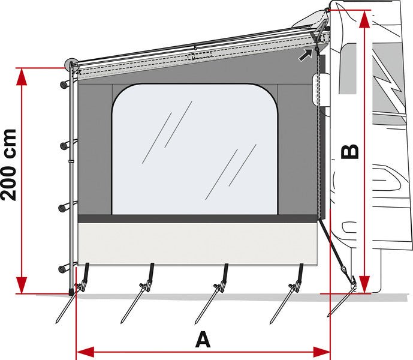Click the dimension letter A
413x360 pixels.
click(203, 340)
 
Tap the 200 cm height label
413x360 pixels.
click(11, 164)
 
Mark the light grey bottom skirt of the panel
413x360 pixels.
click(198, 243)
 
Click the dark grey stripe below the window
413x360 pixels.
click(198, 218)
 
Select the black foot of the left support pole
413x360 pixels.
click(73, 292)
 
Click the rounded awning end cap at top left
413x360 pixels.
click(71, 62)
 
